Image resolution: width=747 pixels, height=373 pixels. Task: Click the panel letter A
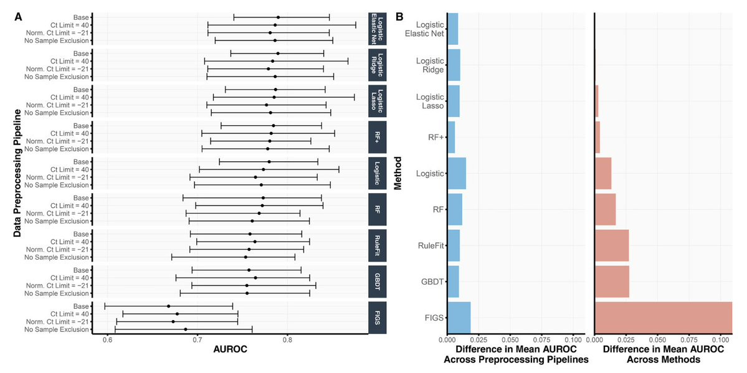pyautogui.click(x=19, y=17)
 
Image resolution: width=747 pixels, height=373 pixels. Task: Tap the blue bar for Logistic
pyautogui.click(x=456, y=173)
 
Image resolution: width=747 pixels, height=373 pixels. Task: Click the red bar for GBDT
pyautogui.click(x=612, y=281)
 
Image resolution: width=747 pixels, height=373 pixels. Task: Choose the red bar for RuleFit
pyautogui.click(x=612, y=245)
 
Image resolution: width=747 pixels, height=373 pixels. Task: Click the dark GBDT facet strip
pyautogui.click(x=377, y=281)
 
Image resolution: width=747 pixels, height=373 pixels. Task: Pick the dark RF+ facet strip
pyautogui.click(x=377, y=137)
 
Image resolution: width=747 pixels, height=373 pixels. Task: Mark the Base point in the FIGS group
pyautogui.click(x=168, y=306)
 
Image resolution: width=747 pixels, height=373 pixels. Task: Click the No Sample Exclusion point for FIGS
pyautogui.click(x=186, y=329)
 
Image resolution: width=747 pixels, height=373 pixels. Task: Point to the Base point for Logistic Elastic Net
pyautogui.click(x=278, y=17)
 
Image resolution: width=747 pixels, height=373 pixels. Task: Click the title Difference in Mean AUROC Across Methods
pyautogui.click(x=663, y=354)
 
